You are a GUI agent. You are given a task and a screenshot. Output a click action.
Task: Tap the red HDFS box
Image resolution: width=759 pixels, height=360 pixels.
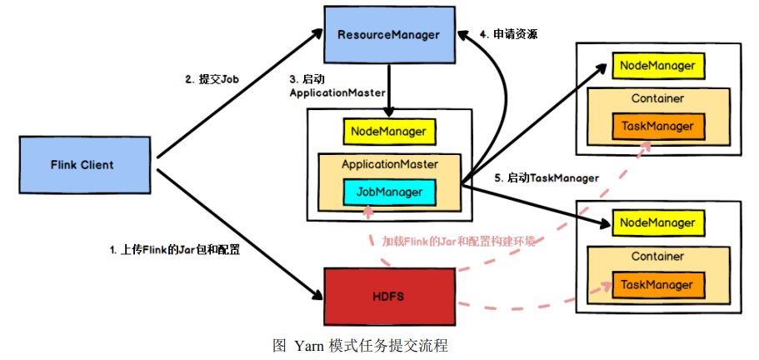(x=389, y=296)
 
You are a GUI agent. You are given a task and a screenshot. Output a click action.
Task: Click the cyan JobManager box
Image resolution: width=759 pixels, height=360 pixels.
(x=389, y=192)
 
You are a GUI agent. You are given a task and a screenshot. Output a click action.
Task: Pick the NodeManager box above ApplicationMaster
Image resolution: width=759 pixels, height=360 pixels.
(x=388, y=132)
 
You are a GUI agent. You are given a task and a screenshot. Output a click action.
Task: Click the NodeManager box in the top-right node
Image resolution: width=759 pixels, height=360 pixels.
(x=657, y=64)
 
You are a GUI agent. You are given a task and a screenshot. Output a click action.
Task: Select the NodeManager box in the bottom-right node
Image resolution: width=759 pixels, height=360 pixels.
(x=657, y=223)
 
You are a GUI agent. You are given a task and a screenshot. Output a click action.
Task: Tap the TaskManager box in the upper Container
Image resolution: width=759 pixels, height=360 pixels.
(x=657, y=127)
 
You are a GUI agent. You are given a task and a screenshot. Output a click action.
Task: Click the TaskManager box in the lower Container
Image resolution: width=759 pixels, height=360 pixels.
(x=657, y=284)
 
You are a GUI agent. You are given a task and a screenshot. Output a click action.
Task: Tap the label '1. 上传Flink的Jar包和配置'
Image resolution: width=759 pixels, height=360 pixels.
(x=175, y=249)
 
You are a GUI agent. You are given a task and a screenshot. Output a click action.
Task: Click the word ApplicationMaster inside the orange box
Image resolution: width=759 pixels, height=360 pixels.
(x=389, y=164)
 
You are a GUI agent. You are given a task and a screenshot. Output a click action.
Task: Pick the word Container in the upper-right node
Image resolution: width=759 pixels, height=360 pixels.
(x=657, y=98)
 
